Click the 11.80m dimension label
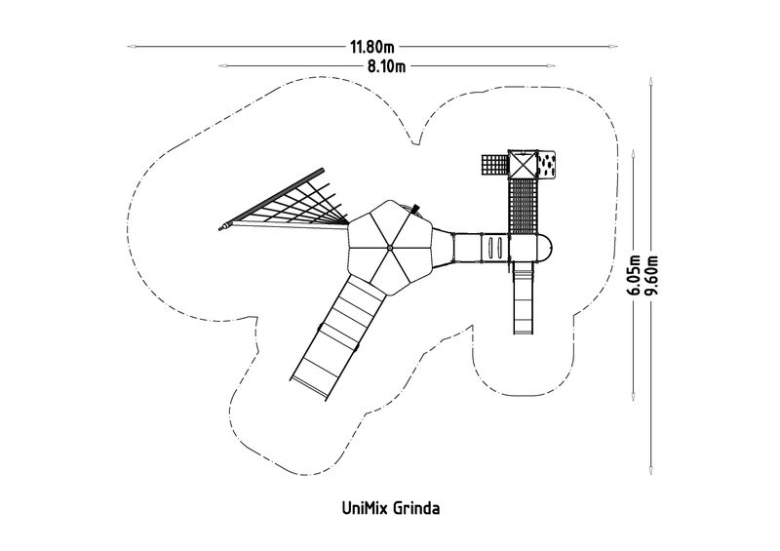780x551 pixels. coord(372,47)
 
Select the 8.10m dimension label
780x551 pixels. coord(386,66)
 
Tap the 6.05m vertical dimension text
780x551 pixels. coord(635,275)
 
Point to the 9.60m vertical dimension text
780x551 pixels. coord(651,275)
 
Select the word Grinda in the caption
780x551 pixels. coord(417,509)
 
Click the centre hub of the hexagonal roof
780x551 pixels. coord(390,248)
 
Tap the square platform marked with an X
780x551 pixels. coord(523,164)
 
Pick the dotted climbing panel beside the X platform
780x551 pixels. coord(546,164)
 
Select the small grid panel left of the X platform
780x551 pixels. coord(494,164)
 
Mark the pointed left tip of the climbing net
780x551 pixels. coord(219,228)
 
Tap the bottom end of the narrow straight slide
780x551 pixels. coord(524,333)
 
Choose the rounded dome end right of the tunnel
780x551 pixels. coord(545,248)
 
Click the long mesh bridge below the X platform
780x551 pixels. coord(523,206)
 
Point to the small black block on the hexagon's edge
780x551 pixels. coord(415,208)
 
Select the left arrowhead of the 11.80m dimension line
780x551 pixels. coord(132,47)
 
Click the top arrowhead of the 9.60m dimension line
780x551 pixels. coord(650,81)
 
